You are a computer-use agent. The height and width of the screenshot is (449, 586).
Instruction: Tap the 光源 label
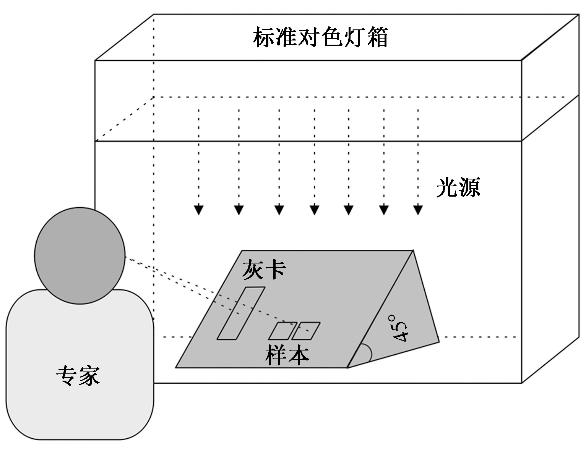[458, 187]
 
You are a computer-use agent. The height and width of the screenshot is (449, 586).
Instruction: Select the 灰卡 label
[264, 270]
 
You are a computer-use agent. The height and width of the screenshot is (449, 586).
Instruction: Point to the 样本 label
[287, 355]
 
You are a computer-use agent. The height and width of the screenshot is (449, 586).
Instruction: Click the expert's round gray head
[80, 255]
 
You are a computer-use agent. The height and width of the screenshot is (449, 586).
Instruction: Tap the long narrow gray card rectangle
[241, 313]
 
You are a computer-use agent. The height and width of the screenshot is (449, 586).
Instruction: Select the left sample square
[282, 331]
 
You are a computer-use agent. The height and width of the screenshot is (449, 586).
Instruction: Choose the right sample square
[306, 331]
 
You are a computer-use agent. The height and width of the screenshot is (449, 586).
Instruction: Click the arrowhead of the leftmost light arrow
[199, 210]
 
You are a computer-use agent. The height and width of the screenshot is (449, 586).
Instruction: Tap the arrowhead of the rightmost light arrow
[418, 210]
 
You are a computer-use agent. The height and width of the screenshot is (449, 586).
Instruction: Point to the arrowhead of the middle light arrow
[315, 210]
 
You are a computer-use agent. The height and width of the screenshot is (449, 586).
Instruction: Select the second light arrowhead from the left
[239, 210]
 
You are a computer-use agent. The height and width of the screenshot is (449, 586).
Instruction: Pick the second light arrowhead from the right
[384, 210]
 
